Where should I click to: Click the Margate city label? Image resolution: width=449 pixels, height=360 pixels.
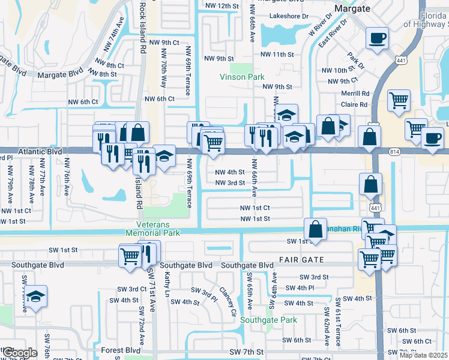[x=352, y=8]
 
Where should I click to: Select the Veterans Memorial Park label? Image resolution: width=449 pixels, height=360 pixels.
[x=152, y=227]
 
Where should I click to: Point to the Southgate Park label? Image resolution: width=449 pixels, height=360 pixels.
[x=268, y=320]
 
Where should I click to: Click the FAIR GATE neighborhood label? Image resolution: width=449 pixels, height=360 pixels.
[x=301, y=260]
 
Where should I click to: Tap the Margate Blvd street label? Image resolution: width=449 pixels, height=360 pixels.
[x=59, y=76]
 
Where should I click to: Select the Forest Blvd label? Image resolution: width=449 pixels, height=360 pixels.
[x=121, y=350]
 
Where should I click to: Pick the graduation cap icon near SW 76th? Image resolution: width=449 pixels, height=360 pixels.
[x=36, y=296]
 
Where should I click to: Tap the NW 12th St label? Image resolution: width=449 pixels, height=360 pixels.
[x=221, y=6]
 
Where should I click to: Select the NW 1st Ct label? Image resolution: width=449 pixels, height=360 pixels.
[x=255, y=208]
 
